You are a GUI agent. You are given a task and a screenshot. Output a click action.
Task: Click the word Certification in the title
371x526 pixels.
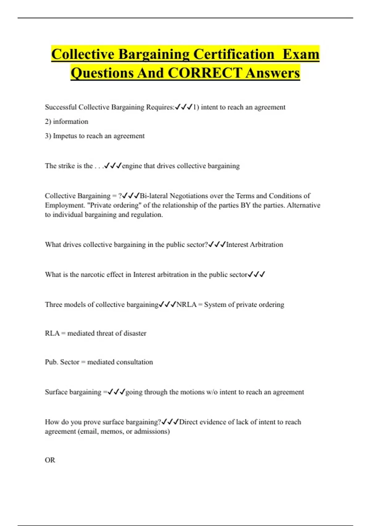point(234,54)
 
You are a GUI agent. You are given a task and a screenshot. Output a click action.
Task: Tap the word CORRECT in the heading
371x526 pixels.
point(204,73)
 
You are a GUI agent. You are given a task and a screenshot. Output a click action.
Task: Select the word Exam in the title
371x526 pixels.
point(301,54)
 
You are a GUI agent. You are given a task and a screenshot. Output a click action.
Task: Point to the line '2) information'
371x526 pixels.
point(66,122)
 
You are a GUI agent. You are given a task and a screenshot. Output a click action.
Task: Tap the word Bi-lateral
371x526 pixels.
point(154,196)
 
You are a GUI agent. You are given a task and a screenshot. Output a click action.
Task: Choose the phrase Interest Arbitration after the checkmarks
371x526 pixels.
point(254,244)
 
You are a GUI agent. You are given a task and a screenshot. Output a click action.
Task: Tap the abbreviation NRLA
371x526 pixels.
point(186,304)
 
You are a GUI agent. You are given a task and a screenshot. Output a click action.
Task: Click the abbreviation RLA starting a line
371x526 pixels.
point(52,333)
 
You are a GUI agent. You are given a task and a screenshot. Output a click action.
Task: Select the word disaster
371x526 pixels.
point(135,333)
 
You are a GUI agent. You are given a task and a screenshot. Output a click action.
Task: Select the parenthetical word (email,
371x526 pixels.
point(89,431)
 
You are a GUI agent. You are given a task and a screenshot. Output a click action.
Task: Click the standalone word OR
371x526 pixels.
point(50,460)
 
